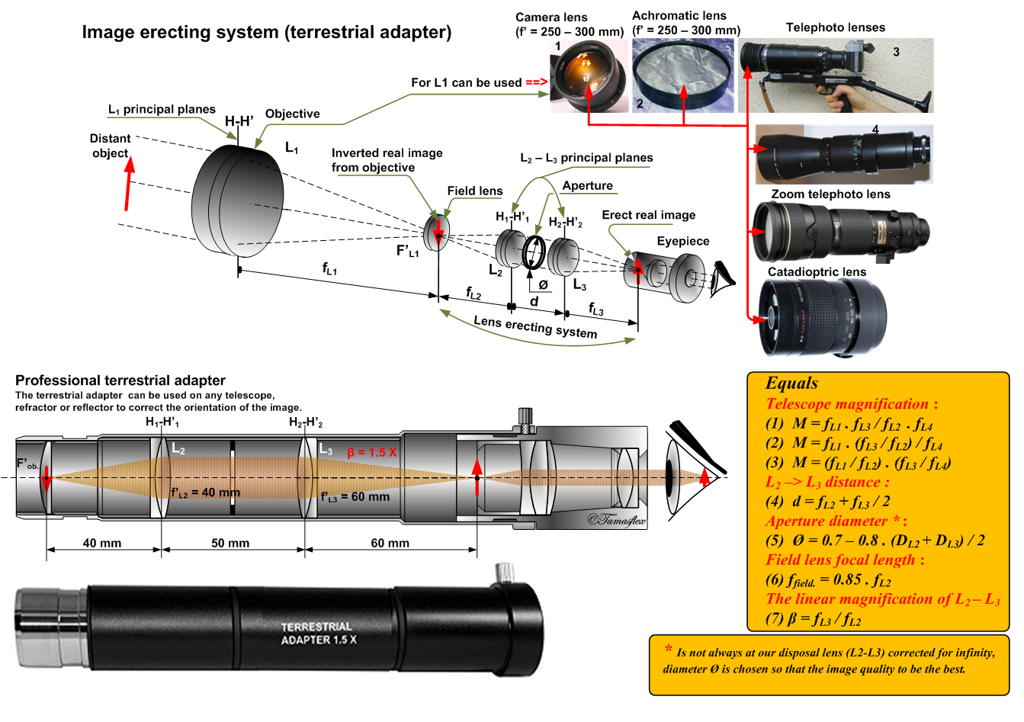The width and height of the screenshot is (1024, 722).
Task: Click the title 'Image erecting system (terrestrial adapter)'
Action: tap(266, 32)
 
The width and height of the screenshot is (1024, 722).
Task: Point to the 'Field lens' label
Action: tap(474, 191)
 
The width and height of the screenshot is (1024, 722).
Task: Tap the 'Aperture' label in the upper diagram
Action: tap(587, 186)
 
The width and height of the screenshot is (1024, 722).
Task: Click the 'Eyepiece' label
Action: tap(682, 242)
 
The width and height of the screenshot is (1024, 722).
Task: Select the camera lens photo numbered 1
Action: tap(589, 75)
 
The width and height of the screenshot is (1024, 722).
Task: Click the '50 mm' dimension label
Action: tap(230, 544)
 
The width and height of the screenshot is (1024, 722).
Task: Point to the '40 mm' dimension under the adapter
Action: tap(102, 544)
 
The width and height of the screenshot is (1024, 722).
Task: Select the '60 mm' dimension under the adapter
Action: tap(390, 544)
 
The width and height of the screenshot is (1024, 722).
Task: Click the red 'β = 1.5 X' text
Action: tap(372, 452)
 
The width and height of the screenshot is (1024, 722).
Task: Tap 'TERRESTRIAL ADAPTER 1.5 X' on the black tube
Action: tap(317, 633)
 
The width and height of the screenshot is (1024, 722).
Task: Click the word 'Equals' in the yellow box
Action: tap(791, 383)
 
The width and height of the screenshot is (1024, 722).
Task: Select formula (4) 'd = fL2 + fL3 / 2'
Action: tap(828, 502)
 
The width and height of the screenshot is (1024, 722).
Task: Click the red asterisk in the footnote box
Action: tap(668, 649)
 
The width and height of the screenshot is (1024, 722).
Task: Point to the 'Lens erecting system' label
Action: tap(535, 327)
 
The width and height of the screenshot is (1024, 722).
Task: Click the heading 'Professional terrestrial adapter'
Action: tap(120, 380)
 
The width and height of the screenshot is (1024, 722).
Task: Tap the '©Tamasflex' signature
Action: tap(615, 521)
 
